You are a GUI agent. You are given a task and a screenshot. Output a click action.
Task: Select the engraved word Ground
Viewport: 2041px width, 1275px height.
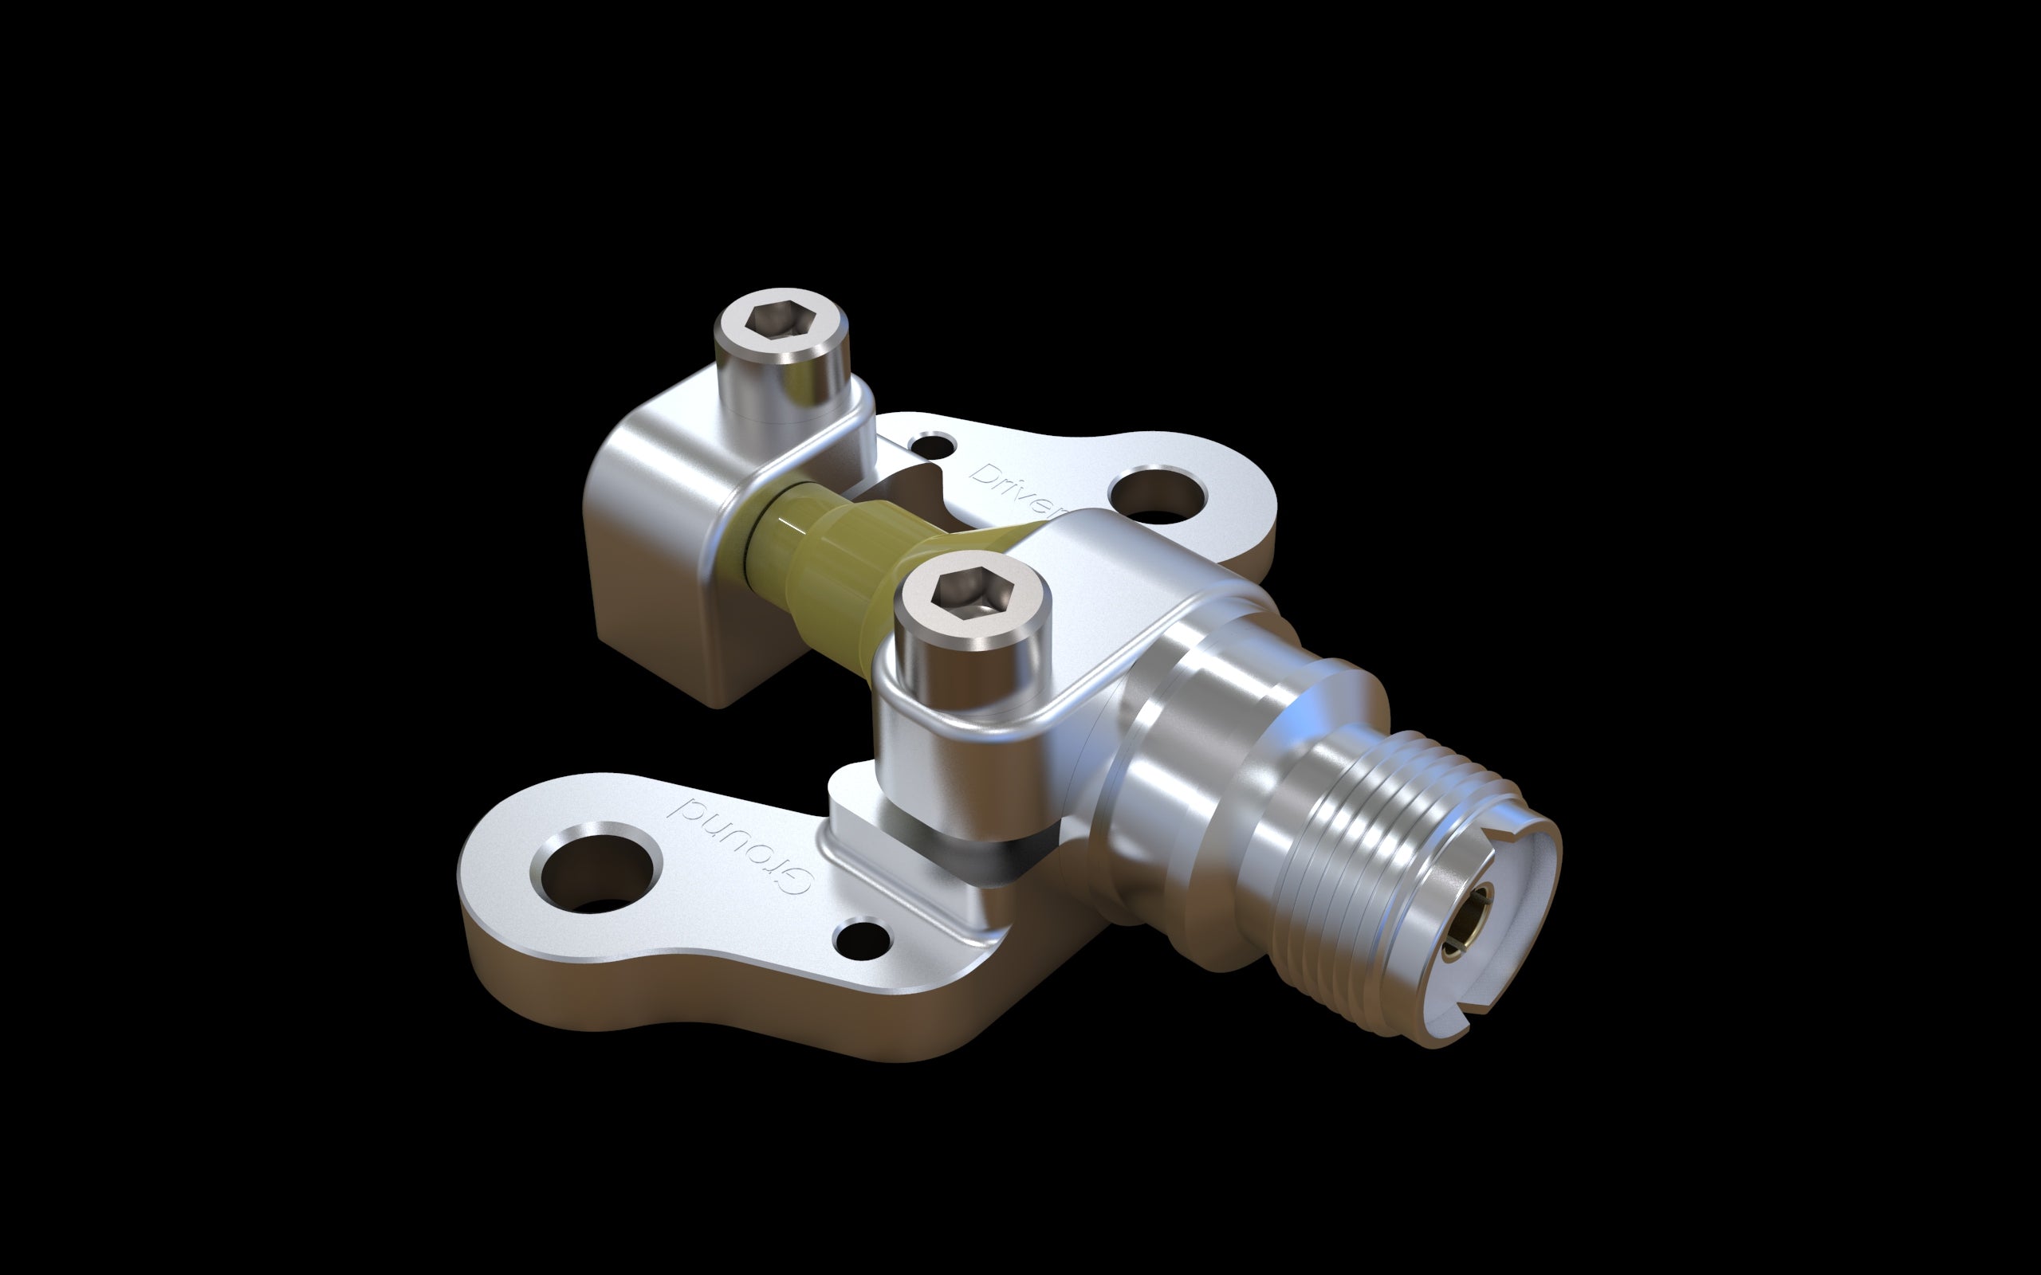pos(739,844)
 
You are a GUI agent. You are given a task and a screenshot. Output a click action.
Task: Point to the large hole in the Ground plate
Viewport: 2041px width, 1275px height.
pos(596,869)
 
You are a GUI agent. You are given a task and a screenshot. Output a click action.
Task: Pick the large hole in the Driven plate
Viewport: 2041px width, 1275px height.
pos(1154,496)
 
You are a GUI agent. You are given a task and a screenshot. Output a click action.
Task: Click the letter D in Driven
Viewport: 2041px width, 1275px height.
pos(983,474)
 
